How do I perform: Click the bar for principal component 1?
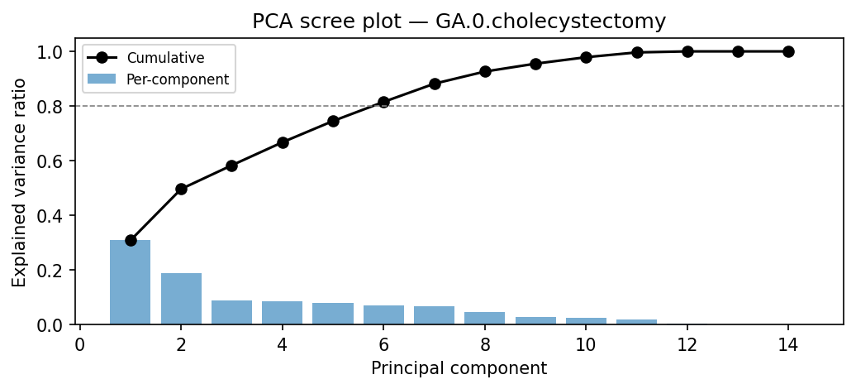tap(131, 282)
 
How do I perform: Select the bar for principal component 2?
tap(181, 299)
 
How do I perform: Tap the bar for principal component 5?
tap(333, 314)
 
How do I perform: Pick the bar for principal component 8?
tap(485, 318)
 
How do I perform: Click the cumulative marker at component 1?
tap(131, 240)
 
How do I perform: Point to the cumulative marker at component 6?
tap(383, 102)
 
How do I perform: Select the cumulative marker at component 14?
tap(788, 51)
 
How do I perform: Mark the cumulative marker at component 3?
tap(231, 166)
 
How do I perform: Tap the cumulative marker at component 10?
tap(586, 57)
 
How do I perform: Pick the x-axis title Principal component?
tap(459, 368)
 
